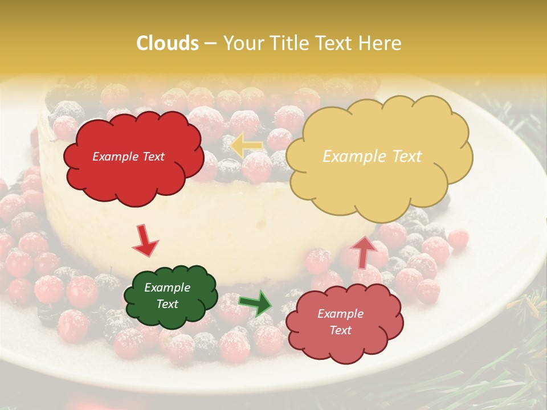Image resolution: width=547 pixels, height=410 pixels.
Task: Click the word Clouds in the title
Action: point(168,43)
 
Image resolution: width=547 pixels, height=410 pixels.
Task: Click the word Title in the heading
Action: point(284,43)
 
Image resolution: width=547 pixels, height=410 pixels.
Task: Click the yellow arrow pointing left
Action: point(246,145)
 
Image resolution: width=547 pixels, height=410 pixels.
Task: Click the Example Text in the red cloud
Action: point(129,157)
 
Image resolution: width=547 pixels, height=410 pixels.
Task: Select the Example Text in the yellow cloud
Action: point(372,157)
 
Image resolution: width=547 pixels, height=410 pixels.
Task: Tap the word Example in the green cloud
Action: point(168,288)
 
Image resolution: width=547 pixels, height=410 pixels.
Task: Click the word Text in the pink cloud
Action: point(340,330)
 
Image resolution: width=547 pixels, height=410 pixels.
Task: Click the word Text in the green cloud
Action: point(168,304)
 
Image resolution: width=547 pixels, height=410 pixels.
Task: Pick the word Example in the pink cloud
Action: point(340,314)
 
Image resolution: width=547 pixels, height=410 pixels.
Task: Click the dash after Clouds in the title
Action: point(210,44)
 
